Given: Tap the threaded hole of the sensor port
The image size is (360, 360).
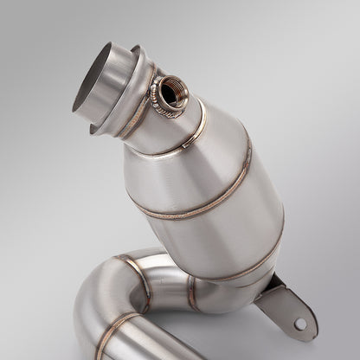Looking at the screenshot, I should click(x=165, y=88).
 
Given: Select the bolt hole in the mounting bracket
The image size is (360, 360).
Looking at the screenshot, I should click(x=299, y=324).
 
